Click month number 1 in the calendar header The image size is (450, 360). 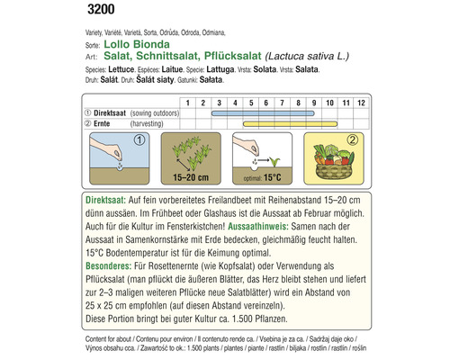coord(188,103)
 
